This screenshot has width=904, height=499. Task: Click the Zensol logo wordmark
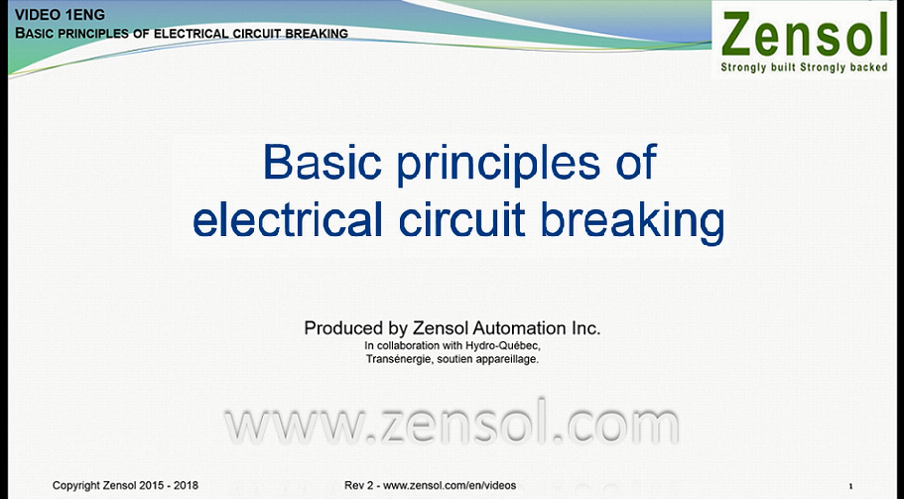(x=804, y=35)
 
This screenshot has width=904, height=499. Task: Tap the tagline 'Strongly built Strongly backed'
(x=804, y=67)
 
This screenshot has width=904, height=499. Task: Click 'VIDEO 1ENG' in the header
(x=60, y=15)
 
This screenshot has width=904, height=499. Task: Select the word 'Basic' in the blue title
(x=322, y=162)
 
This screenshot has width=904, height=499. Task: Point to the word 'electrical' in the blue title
(x=287, y=219)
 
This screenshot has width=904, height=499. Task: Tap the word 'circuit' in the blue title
(x=461, y=219)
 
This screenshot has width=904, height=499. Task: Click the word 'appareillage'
(x=511, y=359)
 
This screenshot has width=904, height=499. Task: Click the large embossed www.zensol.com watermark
(x=452, y=425)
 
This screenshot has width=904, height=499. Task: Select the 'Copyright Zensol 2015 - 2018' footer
(x=125, y=486)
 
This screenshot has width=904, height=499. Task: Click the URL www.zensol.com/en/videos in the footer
(x=450, y=486)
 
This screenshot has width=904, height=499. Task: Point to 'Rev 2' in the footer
(x=358, y=486)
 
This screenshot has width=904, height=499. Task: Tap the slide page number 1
(x=850, y=486)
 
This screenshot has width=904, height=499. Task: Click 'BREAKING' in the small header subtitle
(x=317, y=34)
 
